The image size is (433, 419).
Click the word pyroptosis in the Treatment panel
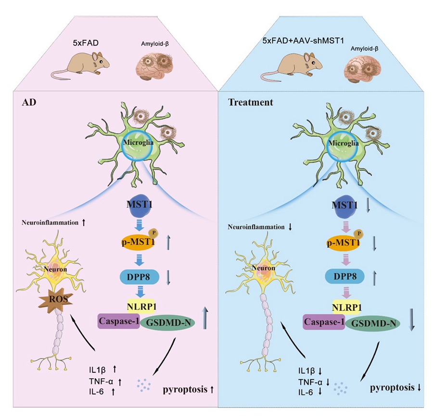[389, 386]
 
